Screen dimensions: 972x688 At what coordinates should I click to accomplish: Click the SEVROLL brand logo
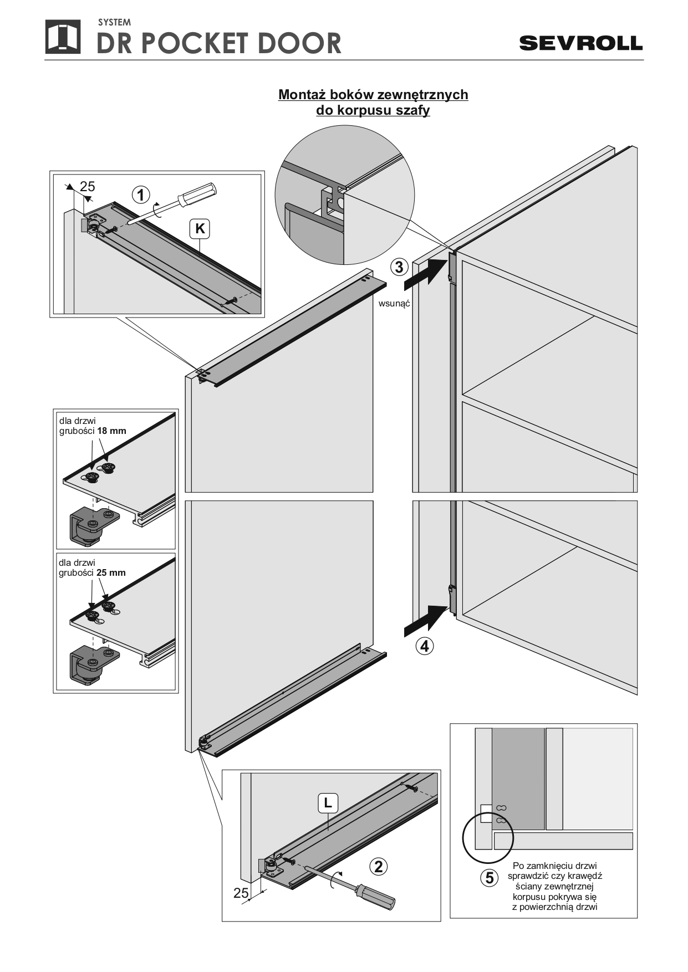click(580, 43)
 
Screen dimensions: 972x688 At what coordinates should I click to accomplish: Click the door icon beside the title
click(63, 38)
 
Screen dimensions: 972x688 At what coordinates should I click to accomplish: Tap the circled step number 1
click(141, 195)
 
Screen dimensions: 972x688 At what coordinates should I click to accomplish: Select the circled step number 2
click(378, 867)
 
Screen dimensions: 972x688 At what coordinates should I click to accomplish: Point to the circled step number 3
click(399, 267)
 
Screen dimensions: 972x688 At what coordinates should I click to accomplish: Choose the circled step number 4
click(424, 646)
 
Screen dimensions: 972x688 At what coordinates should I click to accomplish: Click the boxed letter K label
click(200, 228)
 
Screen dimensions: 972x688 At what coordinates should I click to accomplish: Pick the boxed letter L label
click(328, 802)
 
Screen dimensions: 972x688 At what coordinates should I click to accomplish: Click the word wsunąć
click(394, 304)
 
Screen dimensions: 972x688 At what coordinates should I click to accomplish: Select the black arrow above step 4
click(426, 620)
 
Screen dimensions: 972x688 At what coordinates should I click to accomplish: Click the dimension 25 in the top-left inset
click(88, 187)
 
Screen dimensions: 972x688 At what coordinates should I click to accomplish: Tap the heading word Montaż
click(303, 95)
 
